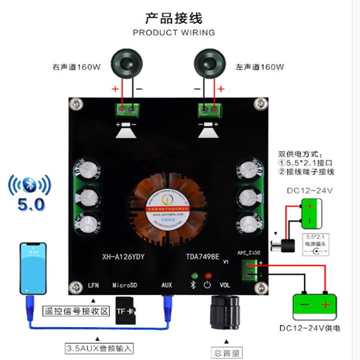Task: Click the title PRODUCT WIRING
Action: (x=174, y=33)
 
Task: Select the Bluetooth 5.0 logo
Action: (x=30, y=193)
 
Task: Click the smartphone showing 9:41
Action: (x=34, y=269)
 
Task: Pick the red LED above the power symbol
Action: (x=208, y=276)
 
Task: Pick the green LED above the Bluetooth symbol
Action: (x=194, y=276)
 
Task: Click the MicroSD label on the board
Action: (x=125, y=285)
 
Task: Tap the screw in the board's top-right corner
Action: (x=261, y=103)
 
